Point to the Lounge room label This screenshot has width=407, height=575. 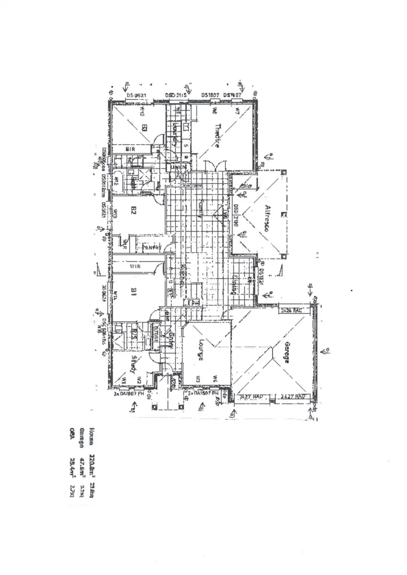click(201, 350)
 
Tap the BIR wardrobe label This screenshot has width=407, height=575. click(130, 149)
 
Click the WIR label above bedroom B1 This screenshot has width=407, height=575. click(135, 266)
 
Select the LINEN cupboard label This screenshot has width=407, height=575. click(179, 167)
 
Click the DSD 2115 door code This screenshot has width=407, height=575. click(176, 95)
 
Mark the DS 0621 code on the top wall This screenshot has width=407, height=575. click(136, 95)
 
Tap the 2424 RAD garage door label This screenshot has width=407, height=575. click(291, 310)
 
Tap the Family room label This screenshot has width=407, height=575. click(200, 209)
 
